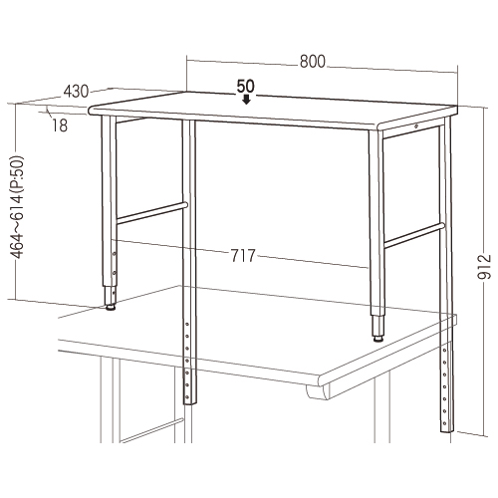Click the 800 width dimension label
313,62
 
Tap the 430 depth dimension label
76,92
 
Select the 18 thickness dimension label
60,125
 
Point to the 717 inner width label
243,256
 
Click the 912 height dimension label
485,267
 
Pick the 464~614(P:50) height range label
17,207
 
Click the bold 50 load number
246,87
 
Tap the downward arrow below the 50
246,100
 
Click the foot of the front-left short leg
111,307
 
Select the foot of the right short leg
377,339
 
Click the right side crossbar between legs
414,236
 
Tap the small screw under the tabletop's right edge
415,125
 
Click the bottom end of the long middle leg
190,403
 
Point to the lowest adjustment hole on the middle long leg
187,396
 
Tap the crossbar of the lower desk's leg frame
151,430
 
